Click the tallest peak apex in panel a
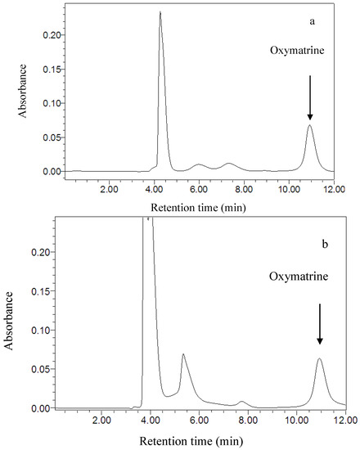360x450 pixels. pos(160,12)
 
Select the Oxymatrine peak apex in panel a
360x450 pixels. pos(309,125)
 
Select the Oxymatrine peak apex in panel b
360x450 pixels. pos(319,358)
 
